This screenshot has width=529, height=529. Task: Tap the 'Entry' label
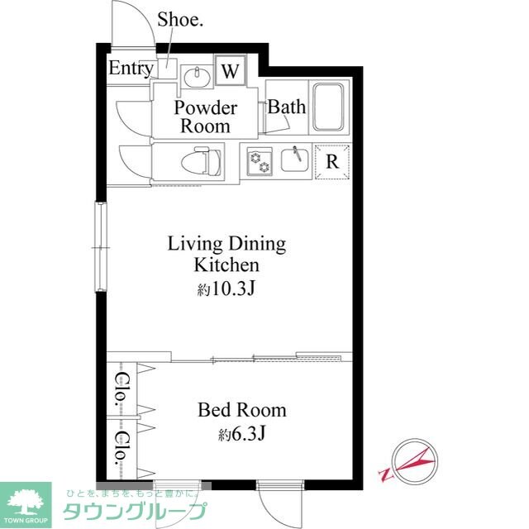tap(130, 69)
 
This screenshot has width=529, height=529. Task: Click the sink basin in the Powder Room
tap(196, 77)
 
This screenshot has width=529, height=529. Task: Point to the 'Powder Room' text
tap(205, 117)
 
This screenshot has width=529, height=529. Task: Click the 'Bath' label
tap(287, 107)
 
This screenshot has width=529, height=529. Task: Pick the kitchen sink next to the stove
tap(295, 158)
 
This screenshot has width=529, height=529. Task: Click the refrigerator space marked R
tap(332, 161)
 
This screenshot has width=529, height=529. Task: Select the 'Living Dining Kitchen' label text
tap(226, 255)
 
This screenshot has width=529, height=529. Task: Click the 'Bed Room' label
tap(241, 410)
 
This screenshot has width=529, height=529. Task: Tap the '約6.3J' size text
tap(241, 433)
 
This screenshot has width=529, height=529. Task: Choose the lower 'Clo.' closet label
tap(121, 447)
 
